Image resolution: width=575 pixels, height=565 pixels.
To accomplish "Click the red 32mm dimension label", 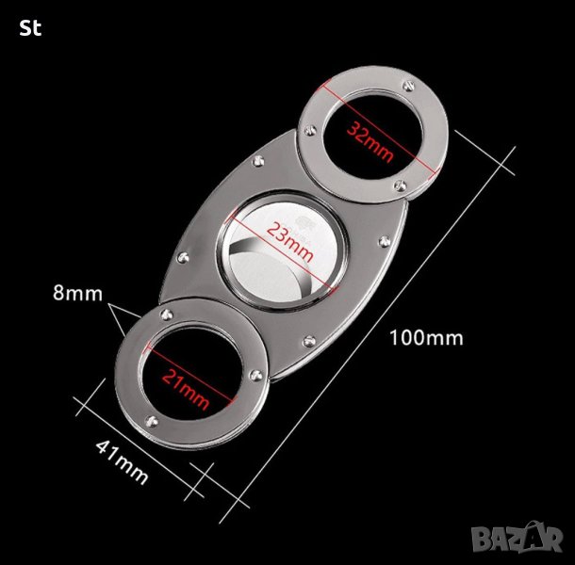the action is pos(370,141).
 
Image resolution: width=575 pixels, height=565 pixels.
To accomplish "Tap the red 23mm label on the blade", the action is pos(290,242).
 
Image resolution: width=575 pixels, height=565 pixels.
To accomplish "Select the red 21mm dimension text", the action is pos(186,389).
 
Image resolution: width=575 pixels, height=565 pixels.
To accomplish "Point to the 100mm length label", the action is pos(426,337).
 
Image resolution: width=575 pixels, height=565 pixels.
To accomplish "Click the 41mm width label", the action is pos(123,462).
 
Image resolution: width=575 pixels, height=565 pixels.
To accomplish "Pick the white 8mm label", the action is pos(77,294).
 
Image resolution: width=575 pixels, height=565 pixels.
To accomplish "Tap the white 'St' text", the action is pos(30,28).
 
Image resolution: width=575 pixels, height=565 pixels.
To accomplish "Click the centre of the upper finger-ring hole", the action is pos(374,135).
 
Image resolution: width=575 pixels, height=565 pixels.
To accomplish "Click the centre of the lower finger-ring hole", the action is pos(189,372).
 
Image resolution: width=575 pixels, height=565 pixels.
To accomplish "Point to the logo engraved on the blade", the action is pos(304,221).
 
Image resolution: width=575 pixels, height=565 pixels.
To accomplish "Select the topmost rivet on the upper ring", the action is pos(408,87).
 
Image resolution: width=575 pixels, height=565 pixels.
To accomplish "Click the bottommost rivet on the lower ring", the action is pos(152,421).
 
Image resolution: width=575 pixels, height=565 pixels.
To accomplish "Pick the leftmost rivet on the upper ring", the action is pos(311,130).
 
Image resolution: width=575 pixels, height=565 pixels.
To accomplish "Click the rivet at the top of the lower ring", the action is pos(167,314).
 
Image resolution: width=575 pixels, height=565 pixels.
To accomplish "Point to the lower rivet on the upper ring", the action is pos(401,186).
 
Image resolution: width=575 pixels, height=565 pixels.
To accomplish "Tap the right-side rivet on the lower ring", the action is pos(255,375).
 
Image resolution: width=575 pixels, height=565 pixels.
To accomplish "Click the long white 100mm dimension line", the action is pos(368,334).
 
